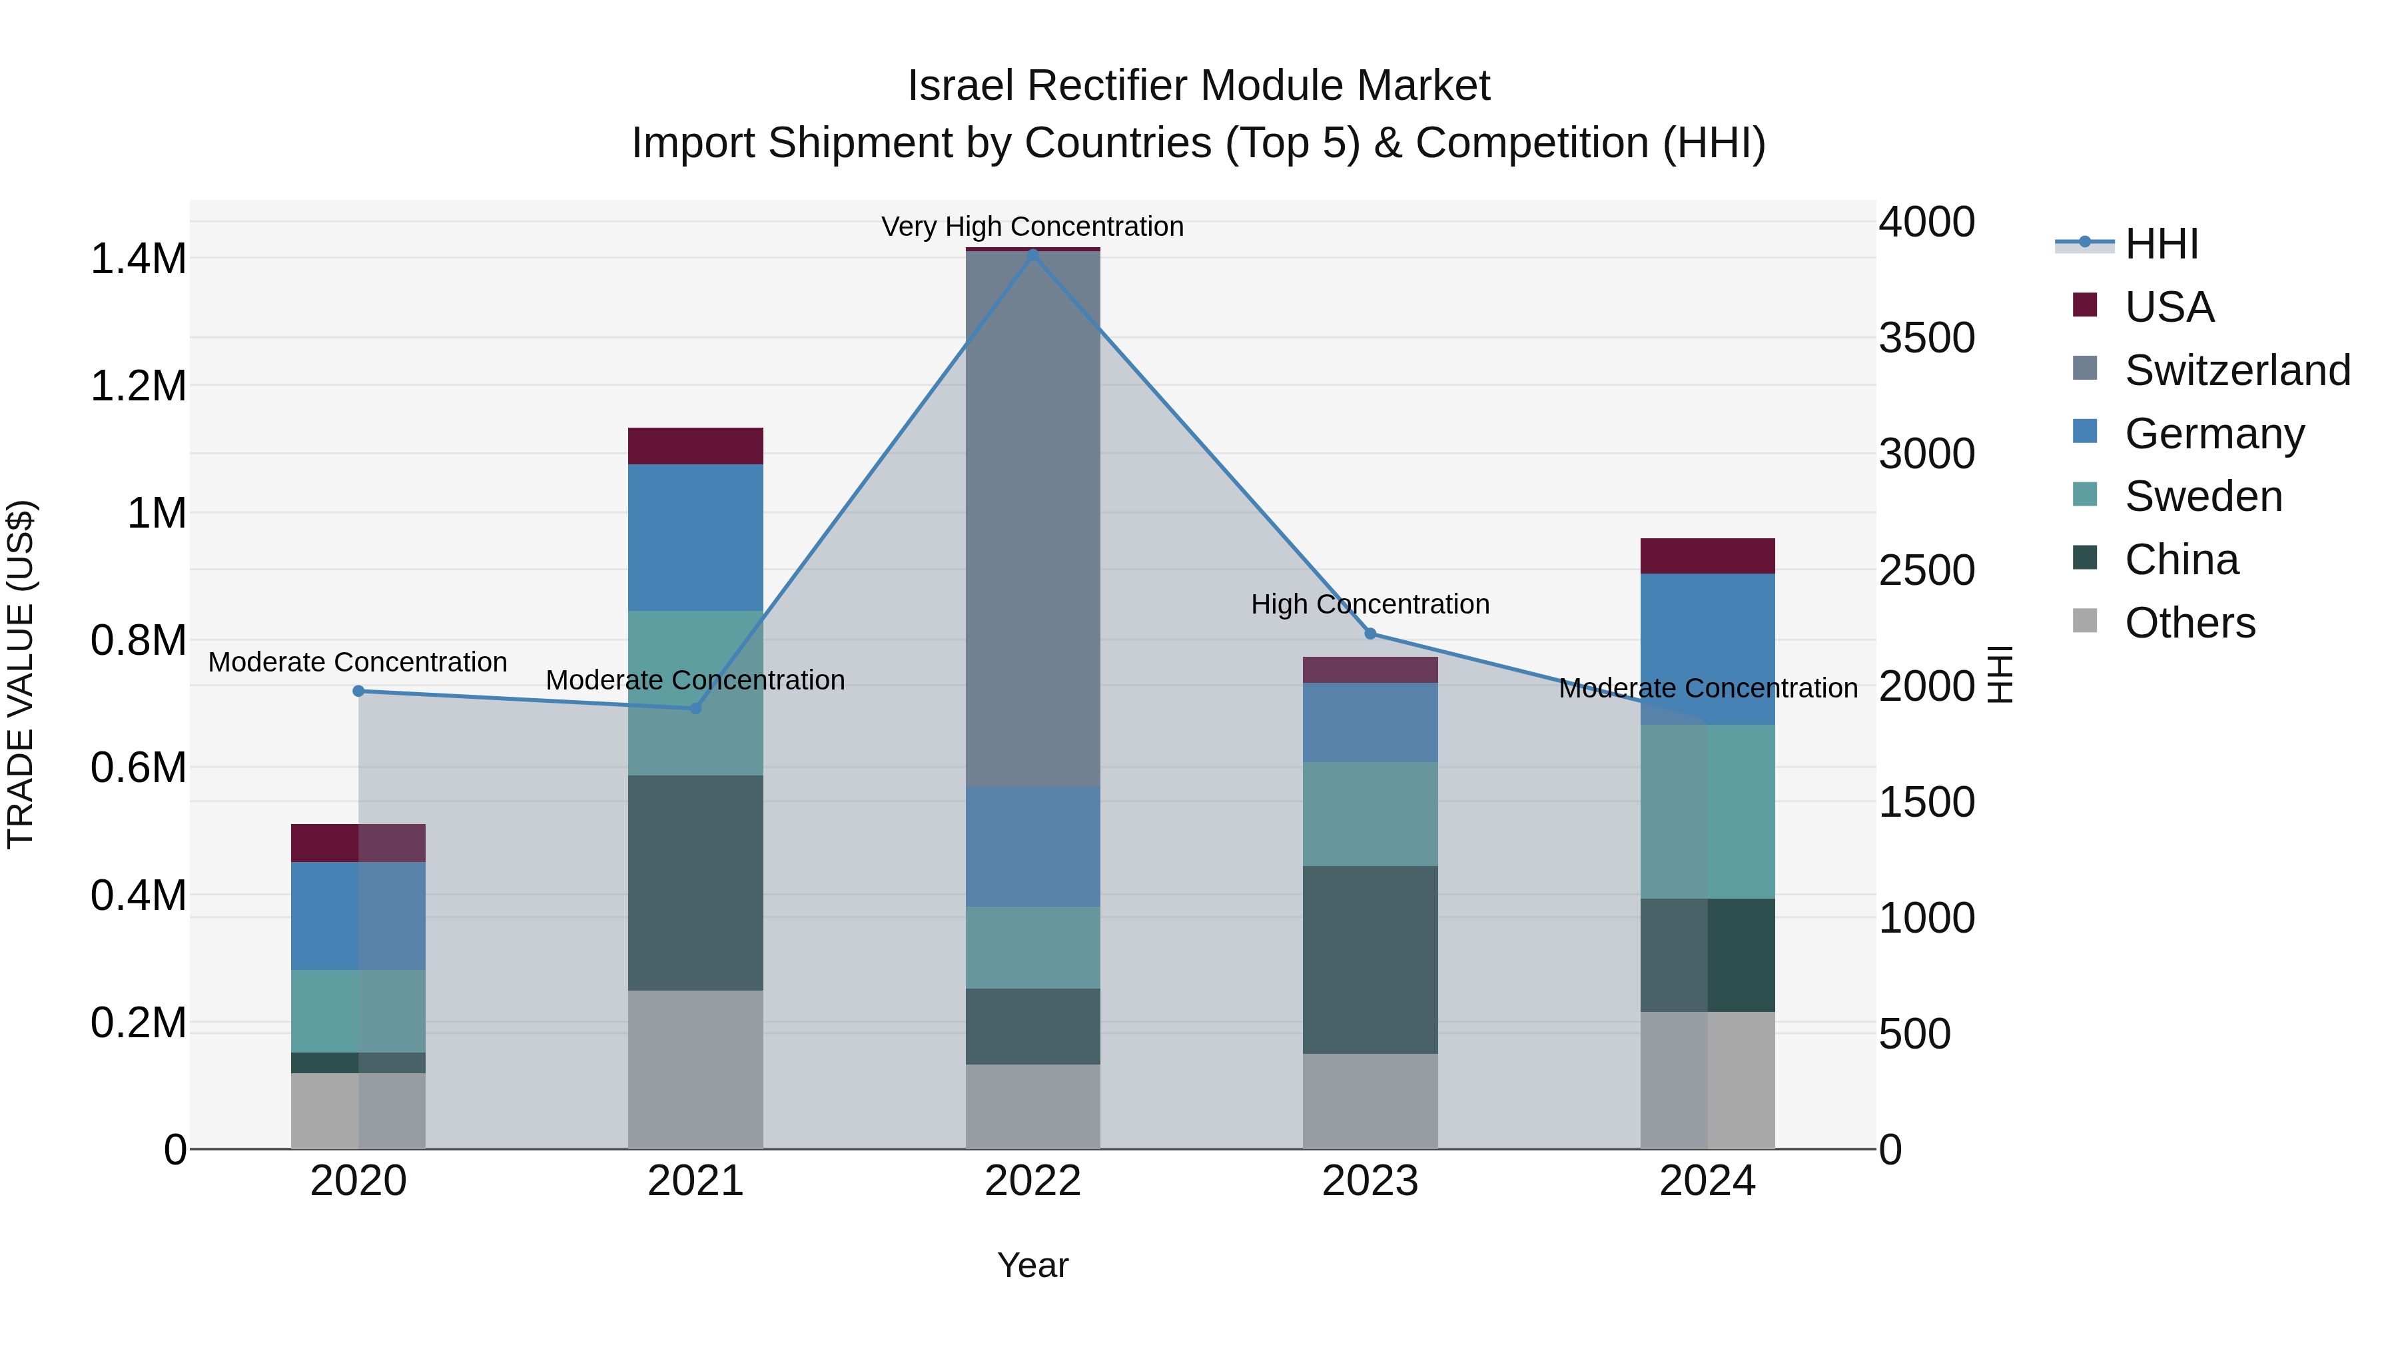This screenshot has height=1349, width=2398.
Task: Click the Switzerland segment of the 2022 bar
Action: [x=1032, y=518]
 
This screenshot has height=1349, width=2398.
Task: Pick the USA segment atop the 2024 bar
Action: [x=1707, y=556]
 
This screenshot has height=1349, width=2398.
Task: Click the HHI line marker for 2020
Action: [x=358, y=691]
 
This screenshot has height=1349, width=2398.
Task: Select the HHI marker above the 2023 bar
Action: [x=1370, y=634]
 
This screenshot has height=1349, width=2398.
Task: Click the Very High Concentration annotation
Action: [x=1032, y=226]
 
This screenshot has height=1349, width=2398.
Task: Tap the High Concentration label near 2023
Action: [x=1370, y=604]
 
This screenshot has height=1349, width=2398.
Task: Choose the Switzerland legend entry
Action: [x=2237, y=370]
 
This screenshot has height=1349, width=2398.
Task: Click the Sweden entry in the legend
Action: [x=2203, y=496]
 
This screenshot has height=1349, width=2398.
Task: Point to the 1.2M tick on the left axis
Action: [x=138, y=386]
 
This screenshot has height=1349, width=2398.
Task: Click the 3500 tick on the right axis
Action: [x=1926, y=337]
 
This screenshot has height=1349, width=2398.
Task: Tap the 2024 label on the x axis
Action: [x=1707, y=1181]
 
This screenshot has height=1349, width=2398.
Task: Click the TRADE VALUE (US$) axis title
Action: [x=21, y=674]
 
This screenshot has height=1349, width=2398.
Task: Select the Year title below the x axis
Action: [x=1032, y=1265]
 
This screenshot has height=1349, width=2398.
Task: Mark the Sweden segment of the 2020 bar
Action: [x=358, y=1011]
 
